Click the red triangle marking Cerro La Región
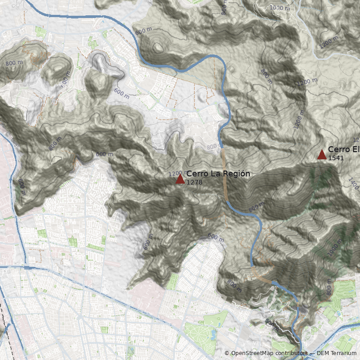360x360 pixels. (180, 179)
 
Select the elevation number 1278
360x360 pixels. (194, 182)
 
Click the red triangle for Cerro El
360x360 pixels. (322, 155)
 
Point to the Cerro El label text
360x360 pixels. (343, 149)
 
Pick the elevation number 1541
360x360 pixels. (336, 158)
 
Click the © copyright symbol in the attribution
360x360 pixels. (227, 354)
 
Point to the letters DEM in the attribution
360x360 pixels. (323, 354)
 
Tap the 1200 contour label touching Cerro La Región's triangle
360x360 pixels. (173, 174)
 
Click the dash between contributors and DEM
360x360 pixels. (311, 354)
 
